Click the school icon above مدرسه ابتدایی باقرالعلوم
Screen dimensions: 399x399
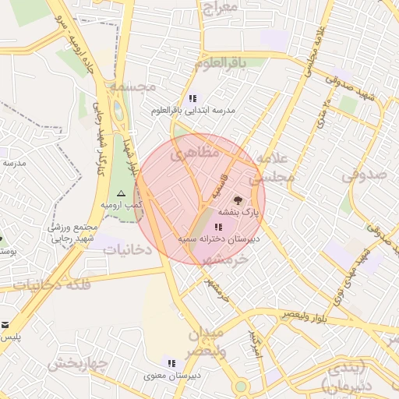coord(192,99)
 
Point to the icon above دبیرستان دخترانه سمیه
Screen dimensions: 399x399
coord(216,226)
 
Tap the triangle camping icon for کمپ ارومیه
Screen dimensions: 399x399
coord(121,192)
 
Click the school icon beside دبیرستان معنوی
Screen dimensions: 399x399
coord(171,363)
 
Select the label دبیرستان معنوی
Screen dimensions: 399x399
coord(173,376)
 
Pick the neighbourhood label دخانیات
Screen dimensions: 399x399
coord(127,250)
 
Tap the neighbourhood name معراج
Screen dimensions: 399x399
coord(218,9)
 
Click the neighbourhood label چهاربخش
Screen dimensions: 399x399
coord(76,363)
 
